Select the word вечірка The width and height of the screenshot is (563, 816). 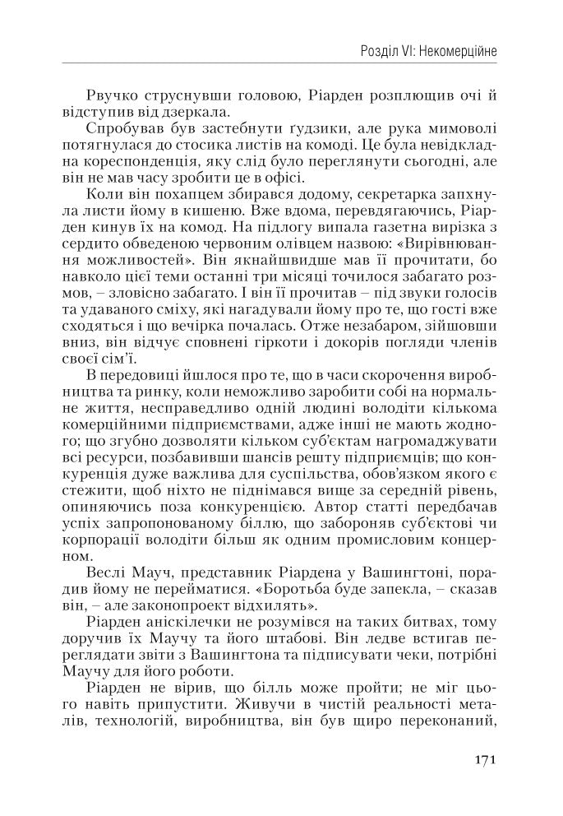click(x=213, y=322)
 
